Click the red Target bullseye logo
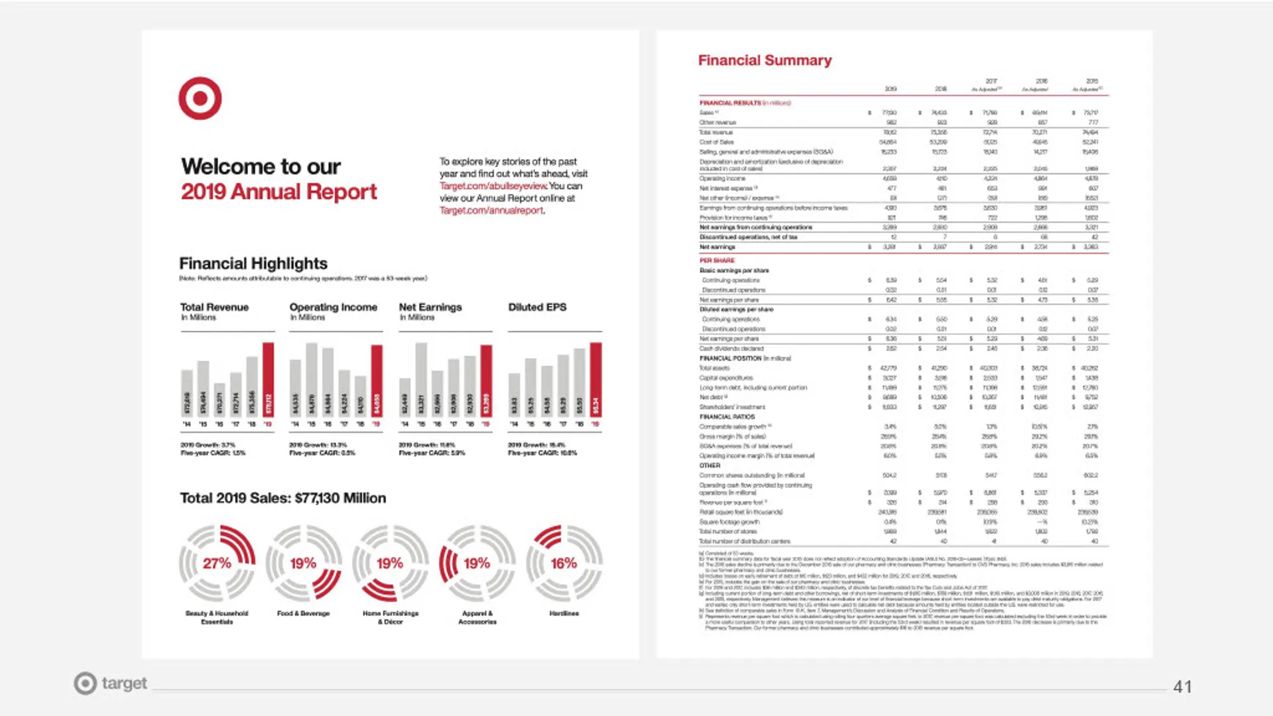200,98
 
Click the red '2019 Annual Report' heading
278,192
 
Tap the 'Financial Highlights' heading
253,264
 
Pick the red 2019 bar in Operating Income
377,381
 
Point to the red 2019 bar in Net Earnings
486,381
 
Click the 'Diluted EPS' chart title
537,307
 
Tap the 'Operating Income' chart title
333,307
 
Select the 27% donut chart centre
217,564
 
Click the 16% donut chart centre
564,564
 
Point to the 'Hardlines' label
564,613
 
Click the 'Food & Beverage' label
303,613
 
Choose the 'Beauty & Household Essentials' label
217,617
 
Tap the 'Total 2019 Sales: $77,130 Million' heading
282,498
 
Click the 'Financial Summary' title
764,60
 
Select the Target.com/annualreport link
491,210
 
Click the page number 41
1182,687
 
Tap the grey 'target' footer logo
110,683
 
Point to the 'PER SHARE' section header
717,261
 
